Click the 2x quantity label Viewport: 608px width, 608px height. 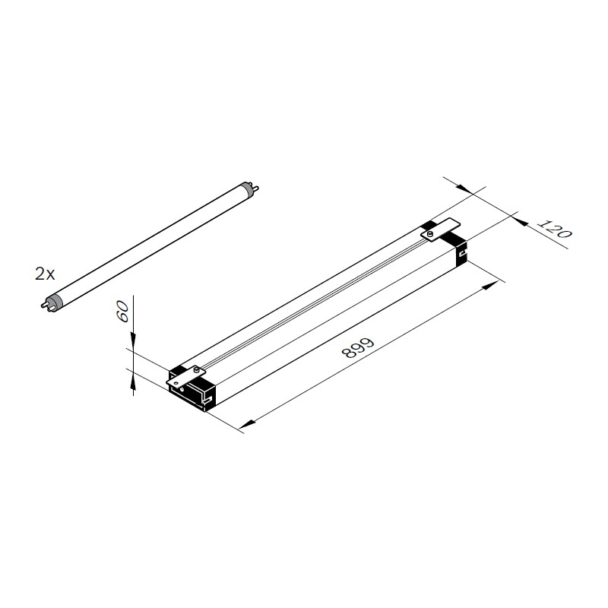(x=45, y=274)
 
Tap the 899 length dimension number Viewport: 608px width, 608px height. (x=358, y=347)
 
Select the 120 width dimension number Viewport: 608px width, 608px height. (x=555, y=229)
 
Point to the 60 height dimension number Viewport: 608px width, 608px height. (x=123, y=312)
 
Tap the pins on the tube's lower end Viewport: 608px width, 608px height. (x=44, y=305)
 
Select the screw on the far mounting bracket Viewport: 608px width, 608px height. (x=430, y=233)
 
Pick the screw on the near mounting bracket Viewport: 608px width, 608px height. (x=198, y=371)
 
